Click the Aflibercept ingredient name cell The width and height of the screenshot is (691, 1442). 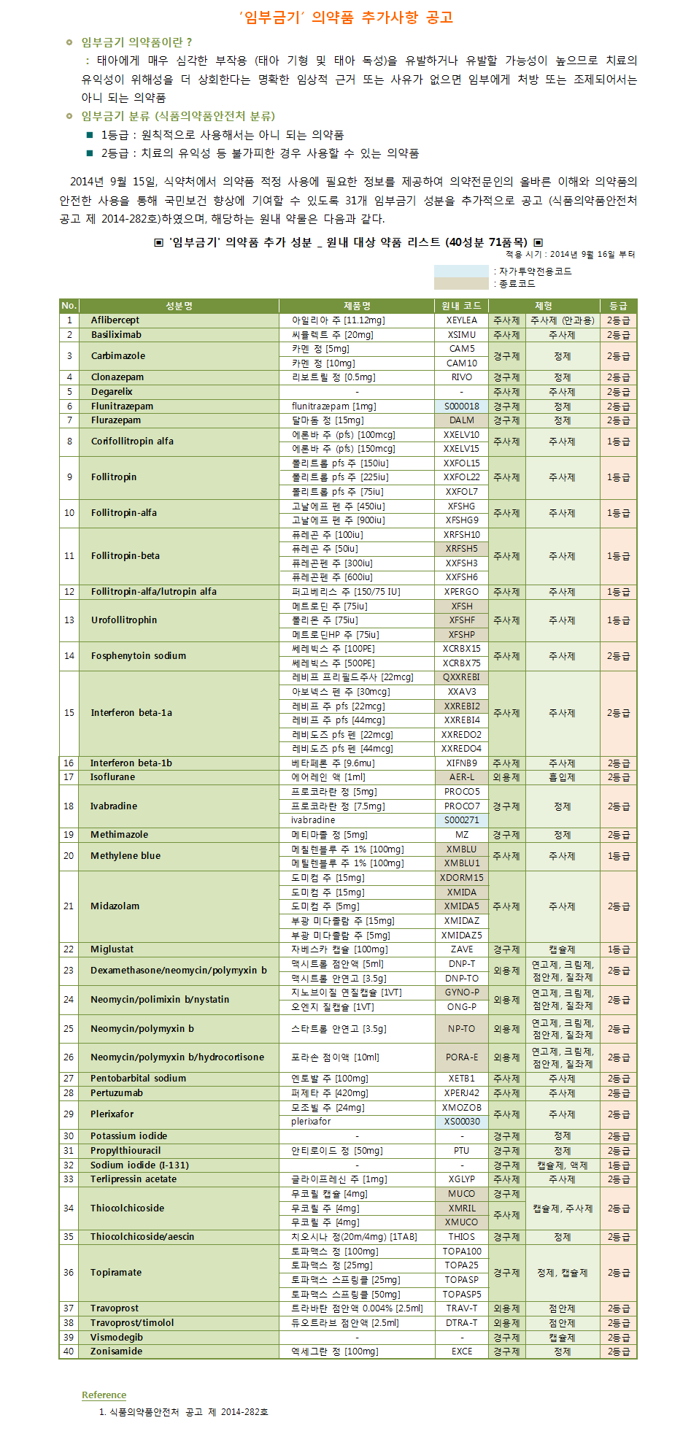point(115,320)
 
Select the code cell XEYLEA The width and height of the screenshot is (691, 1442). point(461,320)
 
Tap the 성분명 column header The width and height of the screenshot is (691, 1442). point(179,306)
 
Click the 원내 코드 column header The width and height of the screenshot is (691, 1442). point(461,306)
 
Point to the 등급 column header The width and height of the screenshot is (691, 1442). point(618,306)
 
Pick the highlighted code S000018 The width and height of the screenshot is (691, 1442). point(461,406)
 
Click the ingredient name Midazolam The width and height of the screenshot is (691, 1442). point(115,906)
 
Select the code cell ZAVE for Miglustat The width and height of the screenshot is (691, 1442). point(461,949)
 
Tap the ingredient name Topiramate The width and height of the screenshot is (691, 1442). point(116,1273)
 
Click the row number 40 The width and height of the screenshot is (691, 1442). point(69,1352)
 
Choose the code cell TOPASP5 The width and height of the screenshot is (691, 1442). point(461,1294)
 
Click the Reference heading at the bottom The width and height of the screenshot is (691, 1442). point(104,1395)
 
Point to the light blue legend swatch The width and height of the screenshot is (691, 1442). point(461,271)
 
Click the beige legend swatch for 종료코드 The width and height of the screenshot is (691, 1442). point(461,283)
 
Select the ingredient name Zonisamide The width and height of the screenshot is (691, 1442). point(116,1352)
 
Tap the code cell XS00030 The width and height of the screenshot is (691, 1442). point(461,1122)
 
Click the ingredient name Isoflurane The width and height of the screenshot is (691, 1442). point(112,777)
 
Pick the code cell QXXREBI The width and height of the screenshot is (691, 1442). point(461,677)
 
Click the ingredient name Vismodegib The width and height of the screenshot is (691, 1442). point(117,1338)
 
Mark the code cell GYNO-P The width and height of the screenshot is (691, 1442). point(461,992)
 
